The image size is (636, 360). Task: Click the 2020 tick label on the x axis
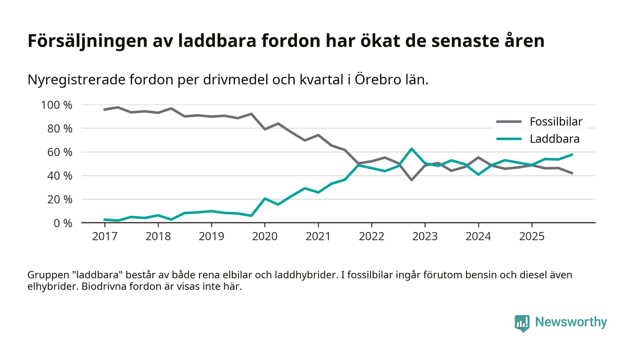click(x=265, y=236)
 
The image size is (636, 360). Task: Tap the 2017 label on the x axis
click(x=104, y=236)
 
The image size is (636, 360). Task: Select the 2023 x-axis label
click(x=425, y=236)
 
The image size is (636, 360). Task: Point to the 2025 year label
click(x=532, y=236)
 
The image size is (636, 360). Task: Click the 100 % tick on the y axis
click(x=57, y=105)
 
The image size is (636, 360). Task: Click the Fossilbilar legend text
click(x=556, y=122)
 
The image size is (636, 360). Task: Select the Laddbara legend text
click(x=554, y=139)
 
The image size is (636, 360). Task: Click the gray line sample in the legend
click(x=509, y=122)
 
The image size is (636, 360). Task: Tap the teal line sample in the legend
click(x=509, y=139)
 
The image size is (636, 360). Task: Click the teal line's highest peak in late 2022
click(x=412, y=148)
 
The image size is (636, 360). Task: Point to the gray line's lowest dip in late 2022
click(x=412, y=180)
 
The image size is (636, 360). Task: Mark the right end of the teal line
click(x=572, y=154)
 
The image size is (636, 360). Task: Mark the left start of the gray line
click(x=104, y=109)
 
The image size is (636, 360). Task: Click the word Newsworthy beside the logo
click(x=571, y=322)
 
